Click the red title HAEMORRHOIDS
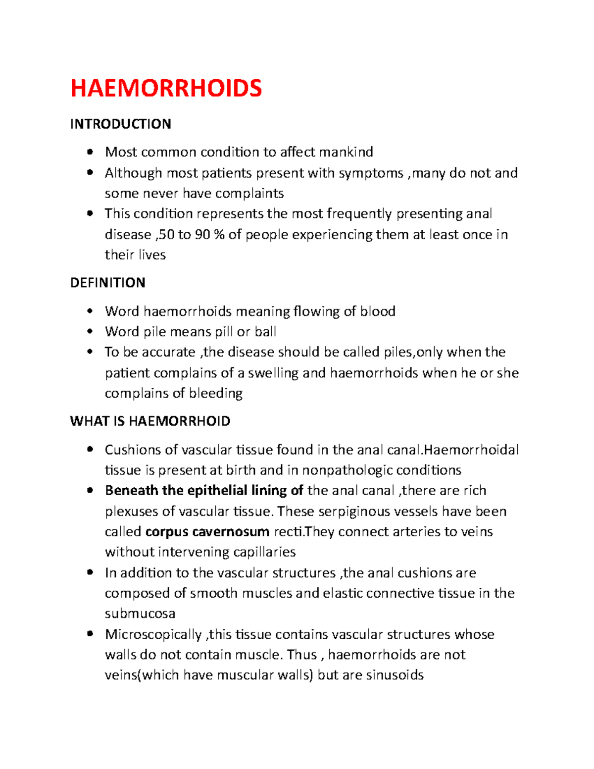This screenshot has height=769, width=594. pos(166,89)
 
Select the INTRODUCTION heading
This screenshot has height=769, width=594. pos(120,124)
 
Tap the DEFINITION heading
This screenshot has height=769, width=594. pos(107,283)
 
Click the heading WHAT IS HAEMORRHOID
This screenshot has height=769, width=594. pos(150,421)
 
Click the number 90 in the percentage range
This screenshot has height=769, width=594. pos(202,234)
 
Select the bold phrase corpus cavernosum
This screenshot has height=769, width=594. pos(207,532)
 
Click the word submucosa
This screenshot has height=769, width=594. pos(140,614)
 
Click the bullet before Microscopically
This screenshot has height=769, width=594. pos(90,634)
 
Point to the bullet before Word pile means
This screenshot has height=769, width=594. pos(90,331)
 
